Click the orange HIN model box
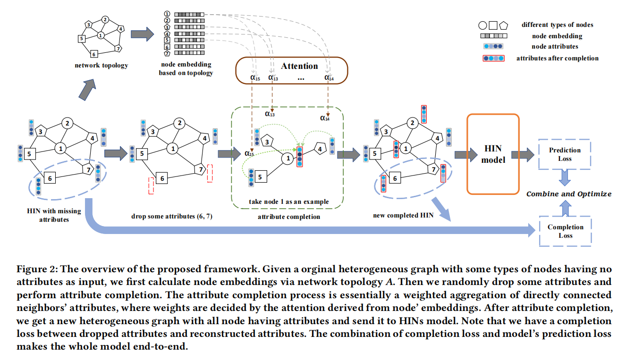pos(493,154)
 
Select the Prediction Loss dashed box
pos(565,154)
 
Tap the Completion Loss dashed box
pos(565,231)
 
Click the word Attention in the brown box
pos(299,66)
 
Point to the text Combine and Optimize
pos(569,194)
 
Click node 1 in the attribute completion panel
pos(287,159)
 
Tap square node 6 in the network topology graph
pos(93,54)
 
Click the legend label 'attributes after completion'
pos(557,59)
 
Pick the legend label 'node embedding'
pos(557,36)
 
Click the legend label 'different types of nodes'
pos(557,25)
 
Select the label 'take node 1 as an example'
pos(288,201)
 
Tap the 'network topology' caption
pos(101,66)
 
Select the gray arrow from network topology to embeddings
pos(142,34)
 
